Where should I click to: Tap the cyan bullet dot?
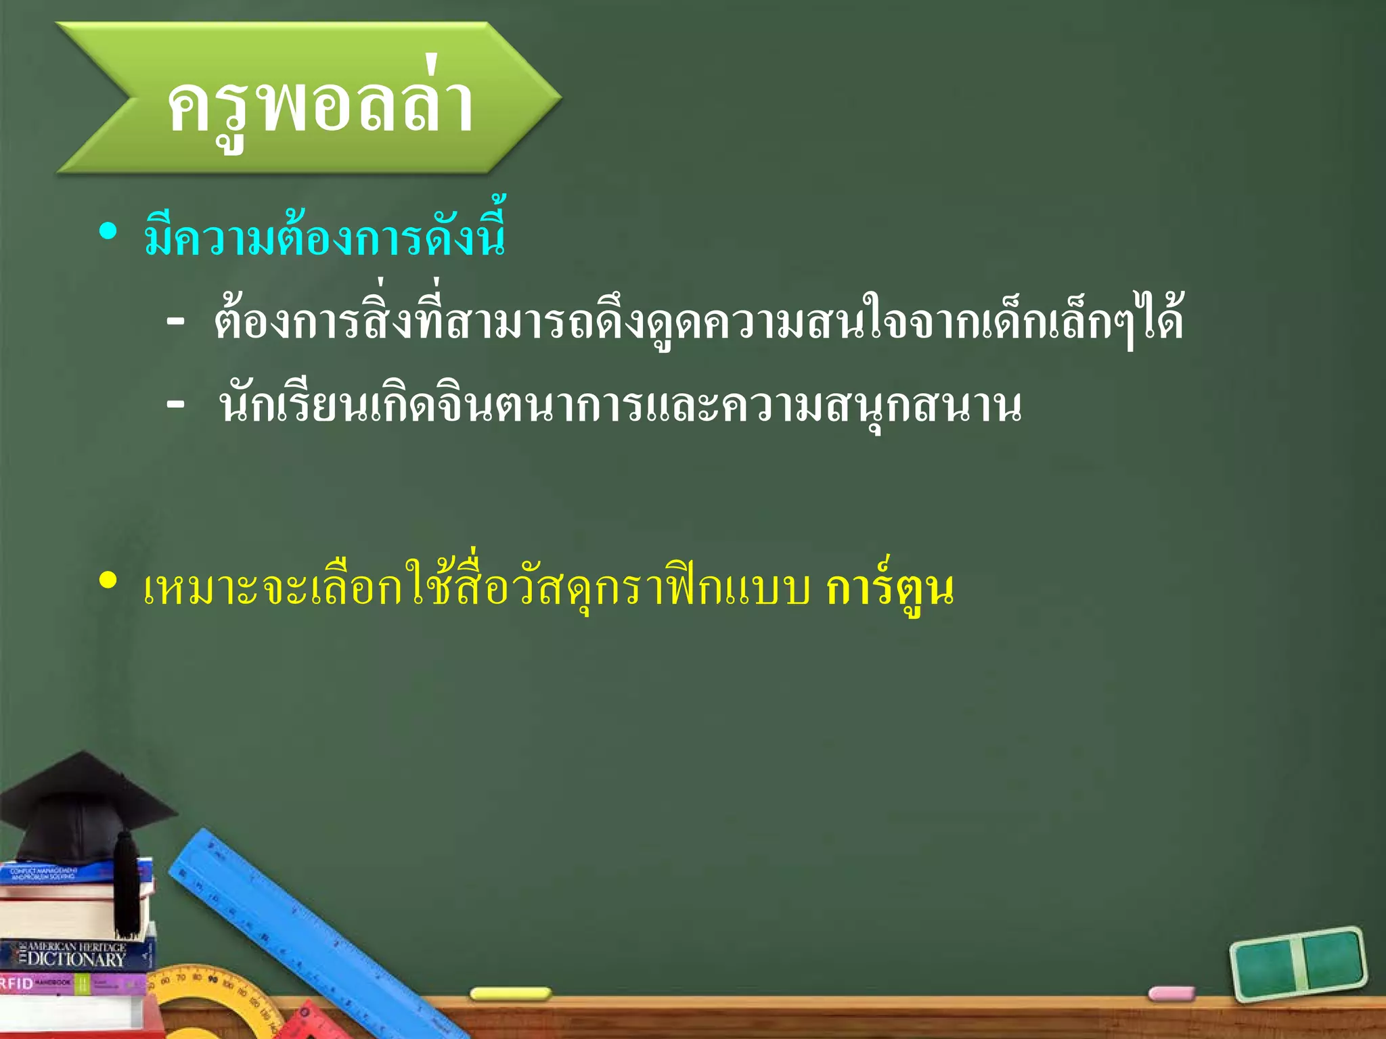108,232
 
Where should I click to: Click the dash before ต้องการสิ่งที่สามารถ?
175,323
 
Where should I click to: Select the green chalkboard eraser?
1298,963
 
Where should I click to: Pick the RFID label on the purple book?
16,983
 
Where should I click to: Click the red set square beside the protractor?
305,1021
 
